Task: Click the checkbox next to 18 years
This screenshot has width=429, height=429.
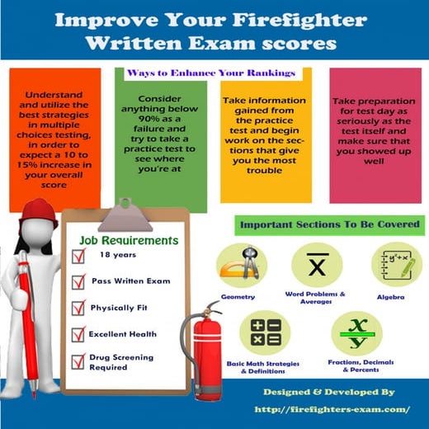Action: click(x=78, y=256)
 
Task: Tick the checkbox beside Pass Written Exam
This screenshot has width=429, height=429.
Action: click(x=78, y=281)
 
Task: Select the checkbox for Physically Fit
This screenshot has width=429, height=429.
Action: click(x=78, y=308)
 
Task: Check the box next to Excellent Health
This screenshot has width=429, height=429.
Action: click(x=78, y=334)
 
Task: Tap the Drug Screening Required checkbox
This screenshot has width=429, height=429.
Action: click(x=78, y=361)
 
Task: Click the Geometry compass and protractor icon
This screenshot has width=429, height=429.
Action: click(x=242, y=265)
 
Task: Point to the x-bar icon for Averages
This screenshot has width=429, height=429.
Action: click(x=317, y=265)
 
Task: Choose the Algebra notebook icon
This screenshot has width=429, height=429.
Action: click(x=397, y=265)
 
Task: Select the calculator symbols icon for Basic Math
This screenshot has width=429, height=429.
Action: click(x=266, y=332)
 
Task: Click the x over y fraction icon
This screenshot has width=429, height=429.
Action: click(x=357, y=333)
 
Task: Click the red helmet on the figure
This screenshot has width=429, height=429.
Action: click(x=40, y=213)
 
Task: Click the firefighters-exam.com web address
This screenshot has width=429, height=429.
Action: click(x=332, y=409)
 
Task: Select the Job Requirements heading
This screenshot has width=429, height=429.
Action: click(x=129, y=241)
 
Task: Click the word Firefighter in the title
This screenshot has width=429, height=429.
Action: click(x=299, y=21)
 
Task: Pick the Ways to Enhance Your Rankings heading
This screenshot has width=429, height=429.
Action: click(x=211, y=73)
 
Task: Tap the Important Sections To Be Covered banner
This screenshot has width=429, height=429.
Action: click(x=330, y=225)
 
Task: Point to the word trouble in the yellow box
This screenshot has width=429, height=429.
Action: click(x=264, y=171)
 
